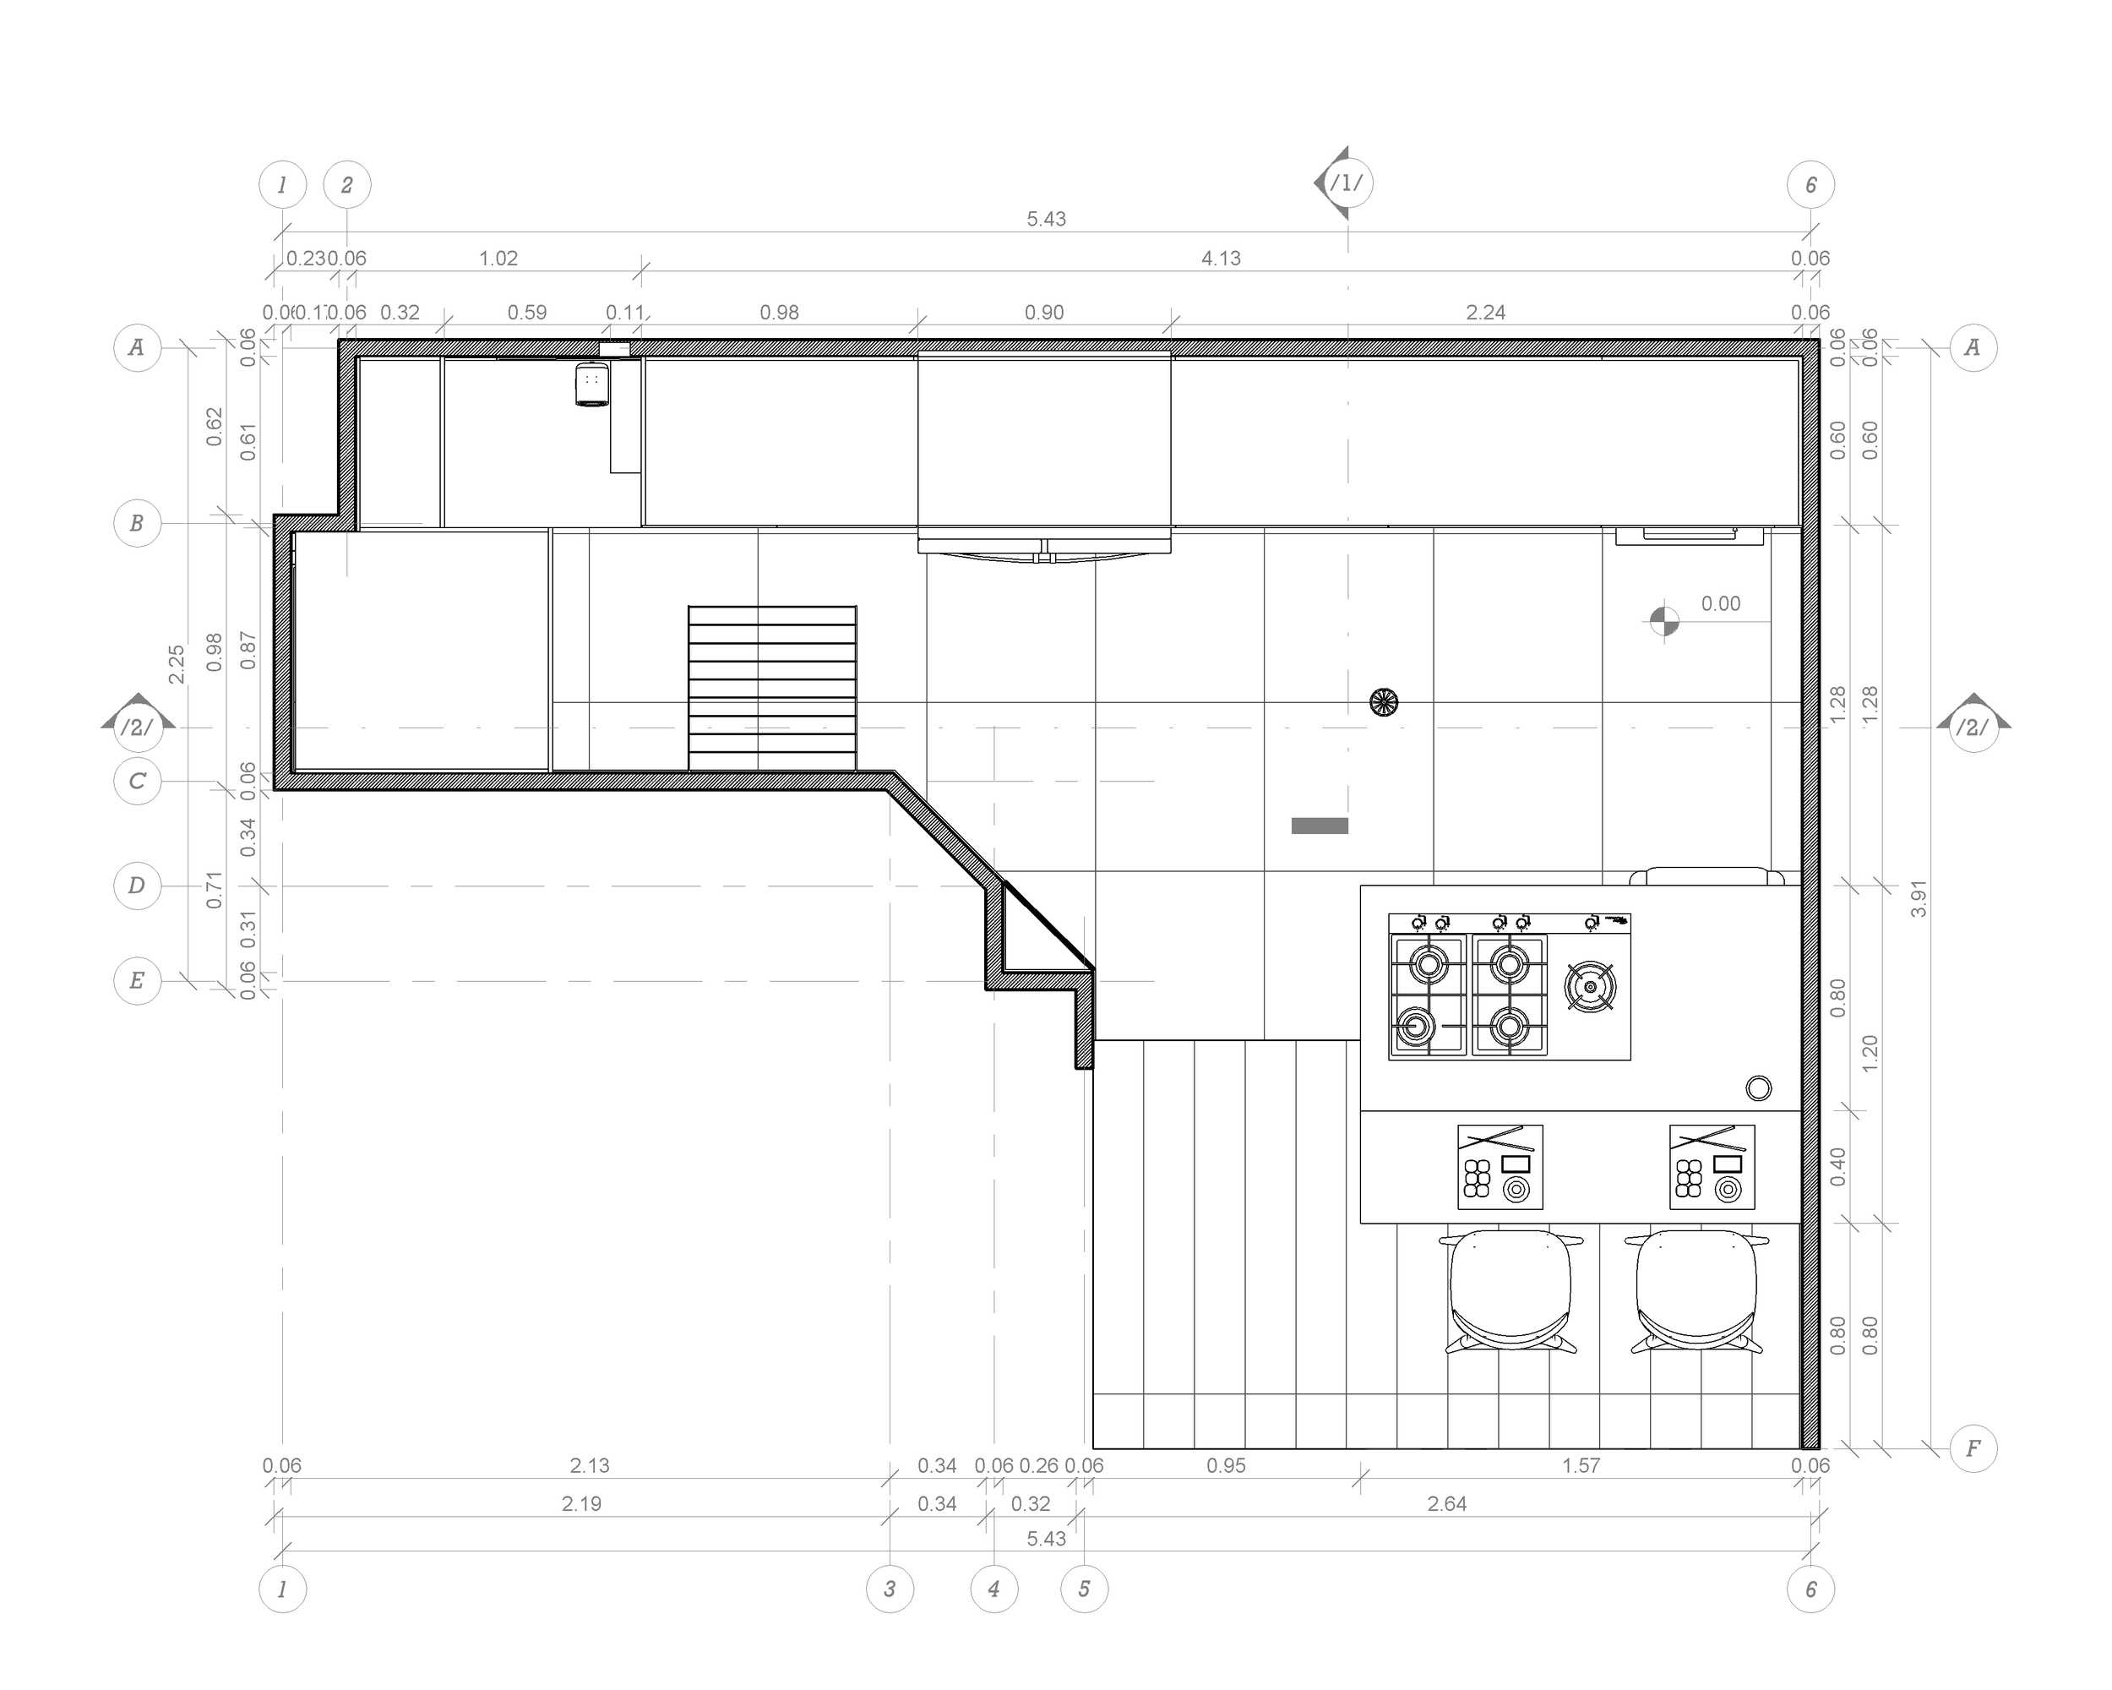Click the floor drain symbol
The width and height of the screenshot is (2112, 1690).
[1383, 701]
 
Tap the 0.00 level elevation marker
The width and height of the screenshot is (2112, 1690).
[1664, 621]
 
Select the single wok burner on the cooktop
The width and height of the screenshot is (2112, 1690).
[1590, 987]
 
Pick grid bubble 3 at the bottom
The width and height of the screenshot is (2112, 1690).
[890, 1589]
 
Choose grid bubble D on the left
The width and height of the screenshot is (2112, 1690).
[137, 886]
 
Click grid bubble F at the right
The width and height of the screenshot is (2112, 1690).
[1973, 1448]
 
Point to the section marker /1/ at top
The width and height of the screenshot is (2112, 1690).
[1345, 183]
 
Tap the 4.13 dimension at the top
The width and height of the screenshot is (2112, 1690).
[1221, 259]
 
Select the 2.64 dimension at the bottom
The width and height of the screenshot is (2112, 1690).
[1446, 1504]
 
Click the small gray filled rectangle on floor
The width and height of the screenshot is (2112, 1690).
[1320, 826]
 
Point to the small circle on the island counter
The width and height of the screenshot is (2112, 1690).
[1758, 1088]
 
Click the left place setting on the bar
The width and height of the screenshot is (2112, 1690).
[1500, 1167]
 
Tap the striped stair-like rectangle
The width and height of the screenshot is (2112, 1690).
[772, 689]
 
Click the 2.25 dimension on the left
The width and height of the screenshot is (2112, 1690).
[177, 663]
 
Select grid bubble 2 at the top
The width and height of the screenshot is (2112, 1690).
[346, 184]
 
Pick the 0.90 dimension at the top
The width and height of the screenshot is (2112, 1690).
[1043, 313]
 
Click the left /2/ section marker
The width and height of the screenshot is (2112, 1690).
[137, 727]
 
